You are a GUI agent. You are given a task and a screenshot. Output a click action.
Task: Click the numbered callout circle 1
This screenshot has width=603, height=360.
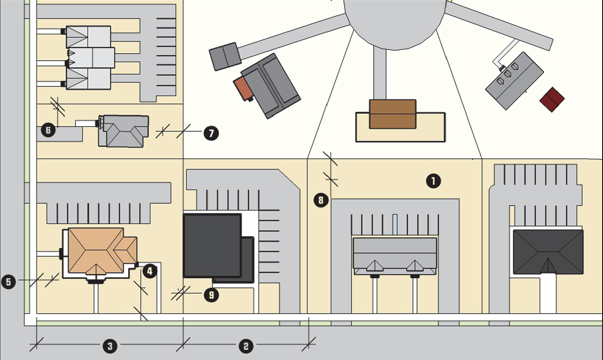coord(433,181)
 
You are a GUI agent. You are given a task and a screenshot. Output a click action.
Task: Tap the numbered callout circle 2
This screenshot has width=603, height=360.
coord(246,346)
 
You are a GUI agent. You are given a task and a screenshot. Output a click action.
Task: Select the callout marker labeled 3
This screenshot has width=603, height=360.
coord(110,346)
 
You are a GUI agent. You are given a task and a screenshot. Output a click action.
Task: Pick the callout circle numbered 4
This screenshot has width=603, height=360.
coord(150,271)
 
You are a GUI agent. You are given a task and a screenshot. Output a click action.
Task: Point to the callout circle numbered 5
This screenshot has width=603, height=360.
coord(8,281)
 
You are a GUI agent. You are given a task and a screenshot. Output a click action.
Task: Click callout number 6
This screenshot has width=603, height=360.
coord(48,130)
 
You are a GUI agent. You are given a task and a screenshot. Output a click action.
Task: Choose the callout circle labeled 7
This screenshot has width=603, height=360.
coord(211,133)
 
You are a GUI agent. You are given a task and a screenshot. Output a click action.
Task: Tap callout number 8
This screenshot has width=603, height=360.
coord(321,200)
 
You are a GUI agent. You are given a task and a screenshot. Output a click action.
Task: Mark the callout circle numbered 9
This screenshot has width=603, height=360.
coord(211,295)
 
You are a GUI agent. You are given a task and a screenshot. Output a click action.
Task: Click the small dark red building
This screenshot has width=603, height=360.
coord(552,99)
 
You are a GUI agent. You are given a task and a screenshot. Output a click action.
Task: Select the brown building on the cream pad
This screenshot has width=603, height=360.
coord(393,114)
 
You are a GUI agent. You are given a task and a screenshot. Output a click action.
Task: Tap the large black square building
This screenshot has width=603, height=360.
coord(212,245)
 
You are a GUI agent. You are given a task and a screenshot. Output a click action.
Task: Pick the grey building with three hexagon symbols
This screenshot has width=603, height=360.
coord(514,80)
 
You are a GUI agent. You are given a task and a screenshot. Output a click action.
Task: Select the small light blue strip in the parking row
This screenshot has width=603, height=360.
coord(395,224)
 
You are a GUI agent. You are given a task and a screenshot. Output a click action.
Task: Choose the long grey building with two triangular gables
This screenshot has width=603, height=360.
coord(395,256)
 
